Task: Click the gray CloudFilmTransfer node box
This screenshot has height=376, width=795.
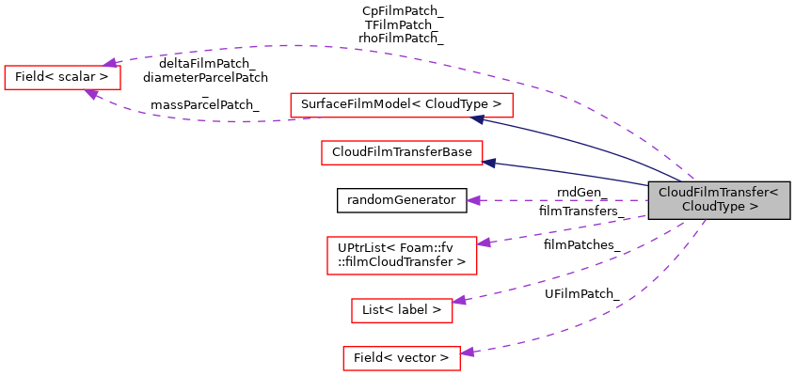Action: [719, 200]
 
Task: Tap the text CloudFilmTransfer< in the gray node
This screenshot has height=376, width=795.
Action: [718, 193]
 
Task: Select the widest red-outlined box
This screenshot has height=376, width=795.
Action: [401, 105]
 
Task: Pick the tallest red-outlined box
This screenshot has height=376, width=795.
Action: [402, 256]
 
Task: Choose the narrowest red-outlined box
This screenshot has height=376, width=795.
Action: [402, 310]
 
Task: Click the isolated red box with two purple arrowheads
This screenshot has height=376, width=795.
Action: [62, 77]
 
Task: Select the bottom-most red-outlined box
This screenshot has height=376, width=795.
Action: [401, 358]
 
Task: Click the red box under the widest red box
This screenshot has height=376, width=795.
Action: [402, 152]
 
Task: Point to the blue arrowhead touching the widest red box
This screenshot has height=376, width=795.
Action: [478, 119]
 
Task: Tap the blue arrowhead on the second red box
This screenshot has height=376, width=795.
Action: [489, 164]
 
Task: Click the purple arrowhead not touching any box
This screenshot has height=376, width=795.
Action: [474, 200]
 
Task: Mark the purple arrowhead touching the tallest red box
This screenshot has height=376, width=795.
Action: [484, 243]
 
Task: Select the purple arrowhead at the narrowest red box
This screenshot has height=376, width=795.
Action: [459, 301]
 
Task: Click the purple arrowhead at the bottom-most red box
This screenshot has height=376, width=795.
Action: [467, 352]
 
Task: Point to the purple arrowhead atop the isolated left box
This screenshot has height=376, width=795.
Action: [110, 63]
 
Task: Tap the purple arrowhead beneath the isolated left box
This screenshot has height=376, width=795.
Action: [91, 94]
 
